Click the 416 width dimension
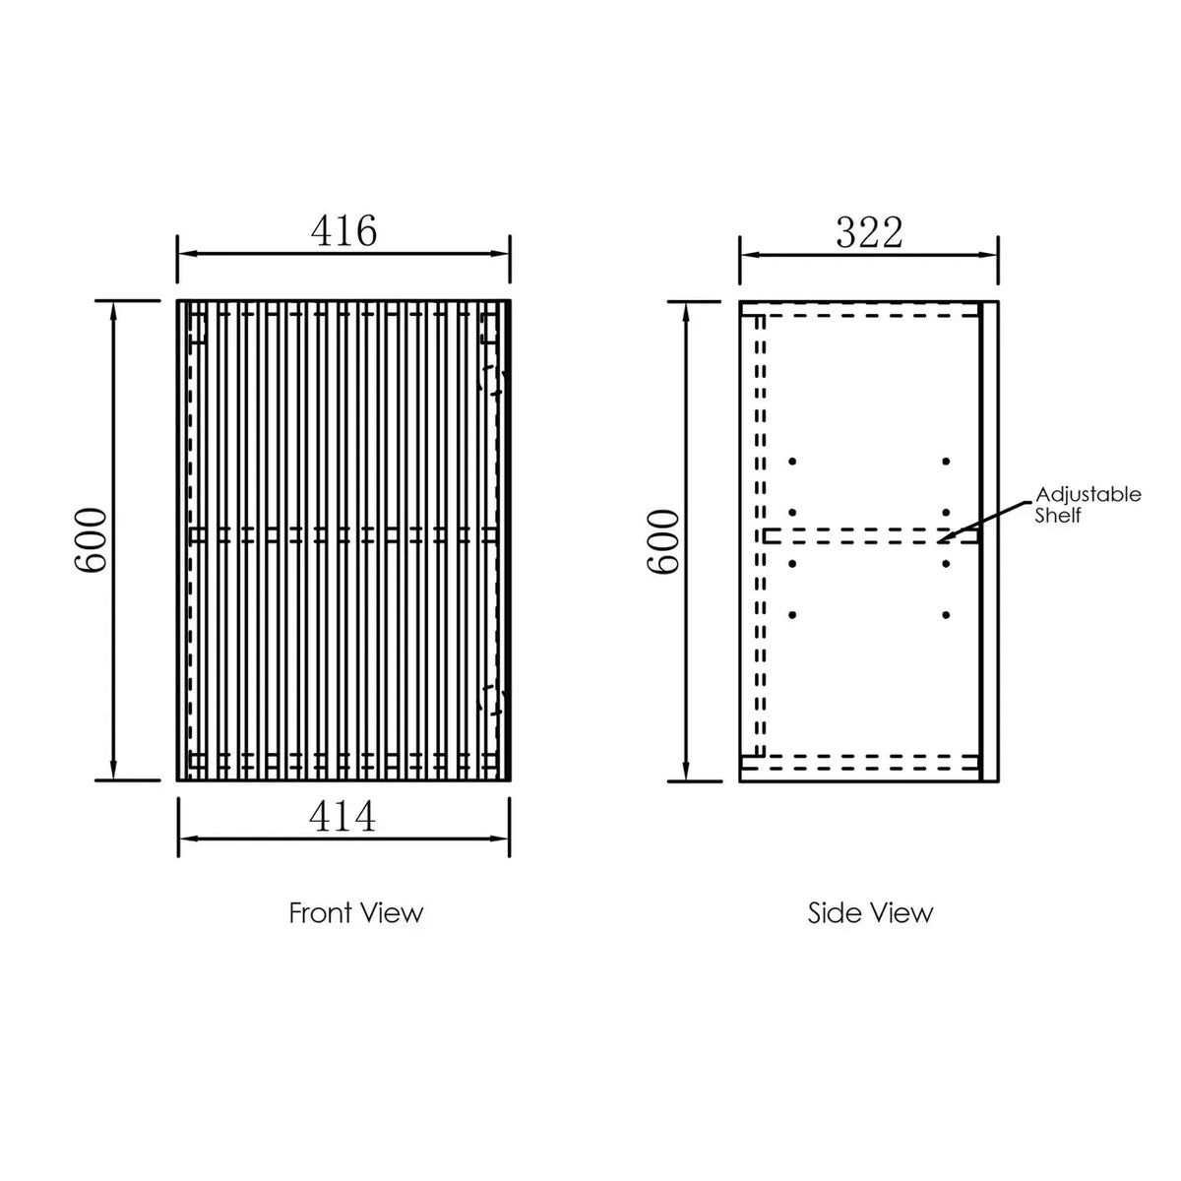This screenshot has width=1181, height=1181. coord(343,231)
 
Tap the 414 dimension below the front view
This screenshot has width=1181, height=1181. coord(342,817)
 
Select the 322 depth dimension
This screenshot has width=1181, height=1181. coord(869,233)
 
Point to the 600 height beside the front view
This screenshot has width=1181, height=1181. coord(91,540)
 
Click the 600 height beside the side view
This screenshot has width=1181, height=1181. coord(663,541)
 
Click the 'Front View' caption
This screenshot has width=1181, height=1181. coord(356,913)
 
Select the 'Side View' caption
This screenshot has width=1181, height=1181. coord(870,913)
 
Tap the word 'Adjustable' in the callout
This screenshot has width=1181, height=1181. coord(1088,495)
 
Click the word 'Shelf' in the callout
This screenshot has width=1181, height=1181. coord(1058,516)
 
